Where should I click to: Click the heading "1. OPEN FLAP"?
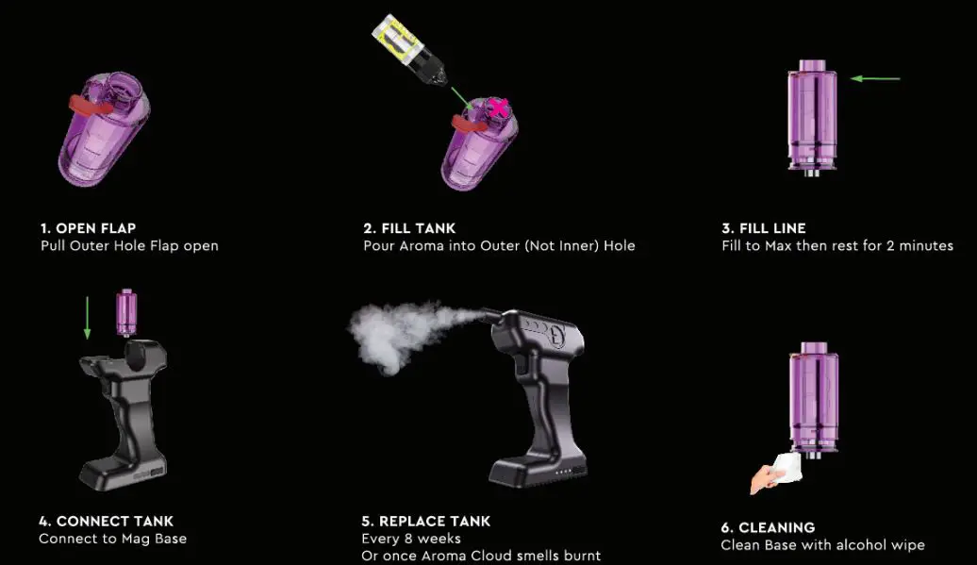(x=88, y=228)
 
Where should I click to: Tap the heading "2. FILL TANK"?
(x=409, y=228)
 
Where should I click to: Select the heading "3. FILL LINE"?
(x=763, y=228)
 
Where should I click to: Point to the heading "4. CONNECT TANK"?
(x=107, y=521)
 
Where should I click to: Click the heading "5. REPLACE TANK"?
(x=426, y=521)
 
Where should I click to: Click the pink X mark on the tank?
(x=496, y=109)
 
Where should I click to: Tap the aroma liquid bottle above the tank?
(x=403, y=48)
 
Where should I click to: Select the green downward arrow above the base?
(x=88, y=315)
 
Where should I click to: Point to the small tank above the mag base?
(x=125, y=312)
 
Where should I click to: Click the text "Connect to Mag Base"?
(x=112, y=539)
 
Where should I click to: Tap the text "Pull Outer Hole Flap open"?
(x=129, y=246)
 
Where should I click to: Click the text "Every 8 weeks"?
(x=411, y=539)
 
